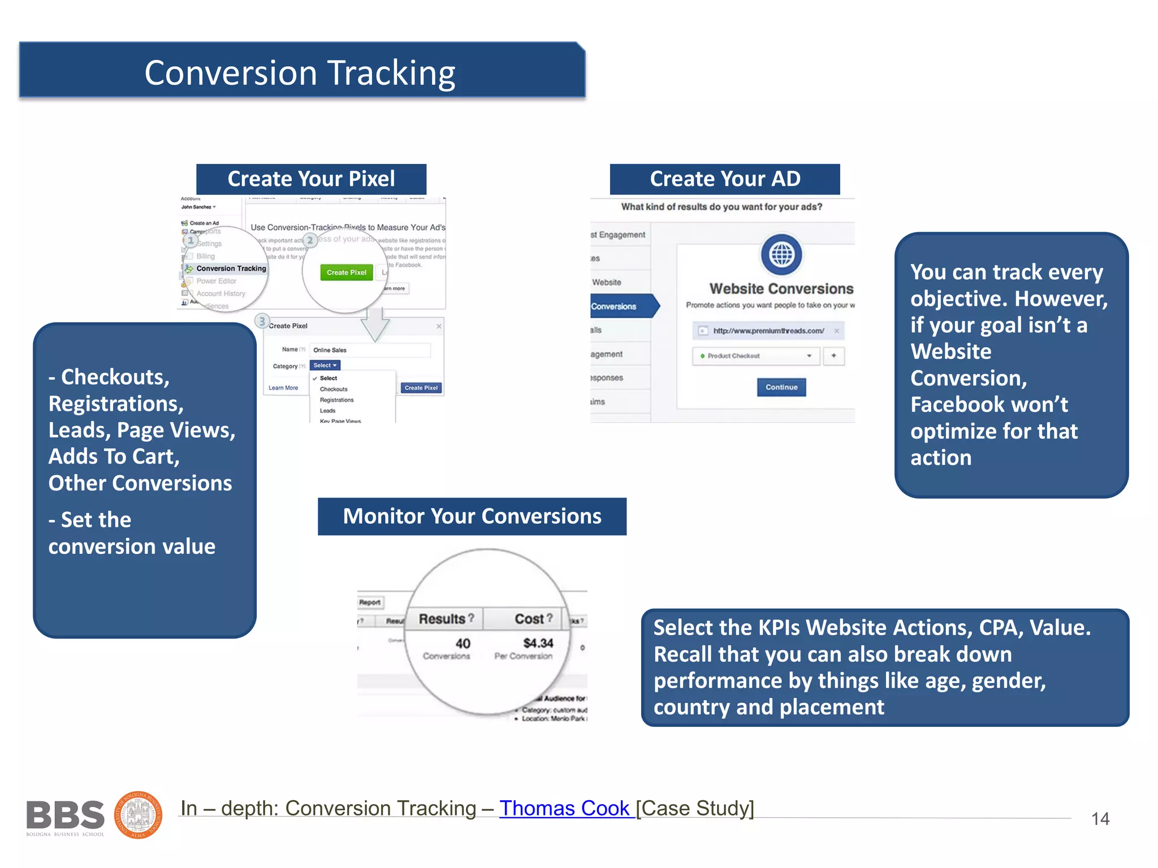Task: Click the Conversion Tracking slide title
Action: [300, 73]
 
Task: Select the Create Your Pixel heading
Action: [311, 179]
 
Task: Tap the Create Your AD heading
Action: [725, 179]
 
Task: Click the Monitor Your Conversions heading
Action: [472, 517]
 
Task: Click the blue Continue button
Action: [781, 387]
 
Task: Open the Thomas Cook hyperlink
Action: [565, 808]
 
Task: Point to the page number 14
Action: [1100, 819]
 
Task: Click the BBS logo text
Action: [66, 815]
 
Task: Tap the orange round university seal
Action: [139, 815]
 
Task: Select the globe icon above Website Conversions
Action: [781, 254]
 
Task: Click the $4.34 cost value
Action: [538, 643]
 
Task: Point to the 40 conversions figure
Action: [463, 644]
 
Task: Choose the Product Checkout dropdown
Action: [755, 356]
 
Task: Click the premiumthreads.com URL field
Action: [768, 331]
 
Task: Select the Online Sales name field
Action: [370, 350]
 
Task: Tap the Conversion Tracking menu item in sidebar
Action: [231, 268]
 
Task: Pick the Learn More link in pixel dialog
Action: [283, 388]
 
